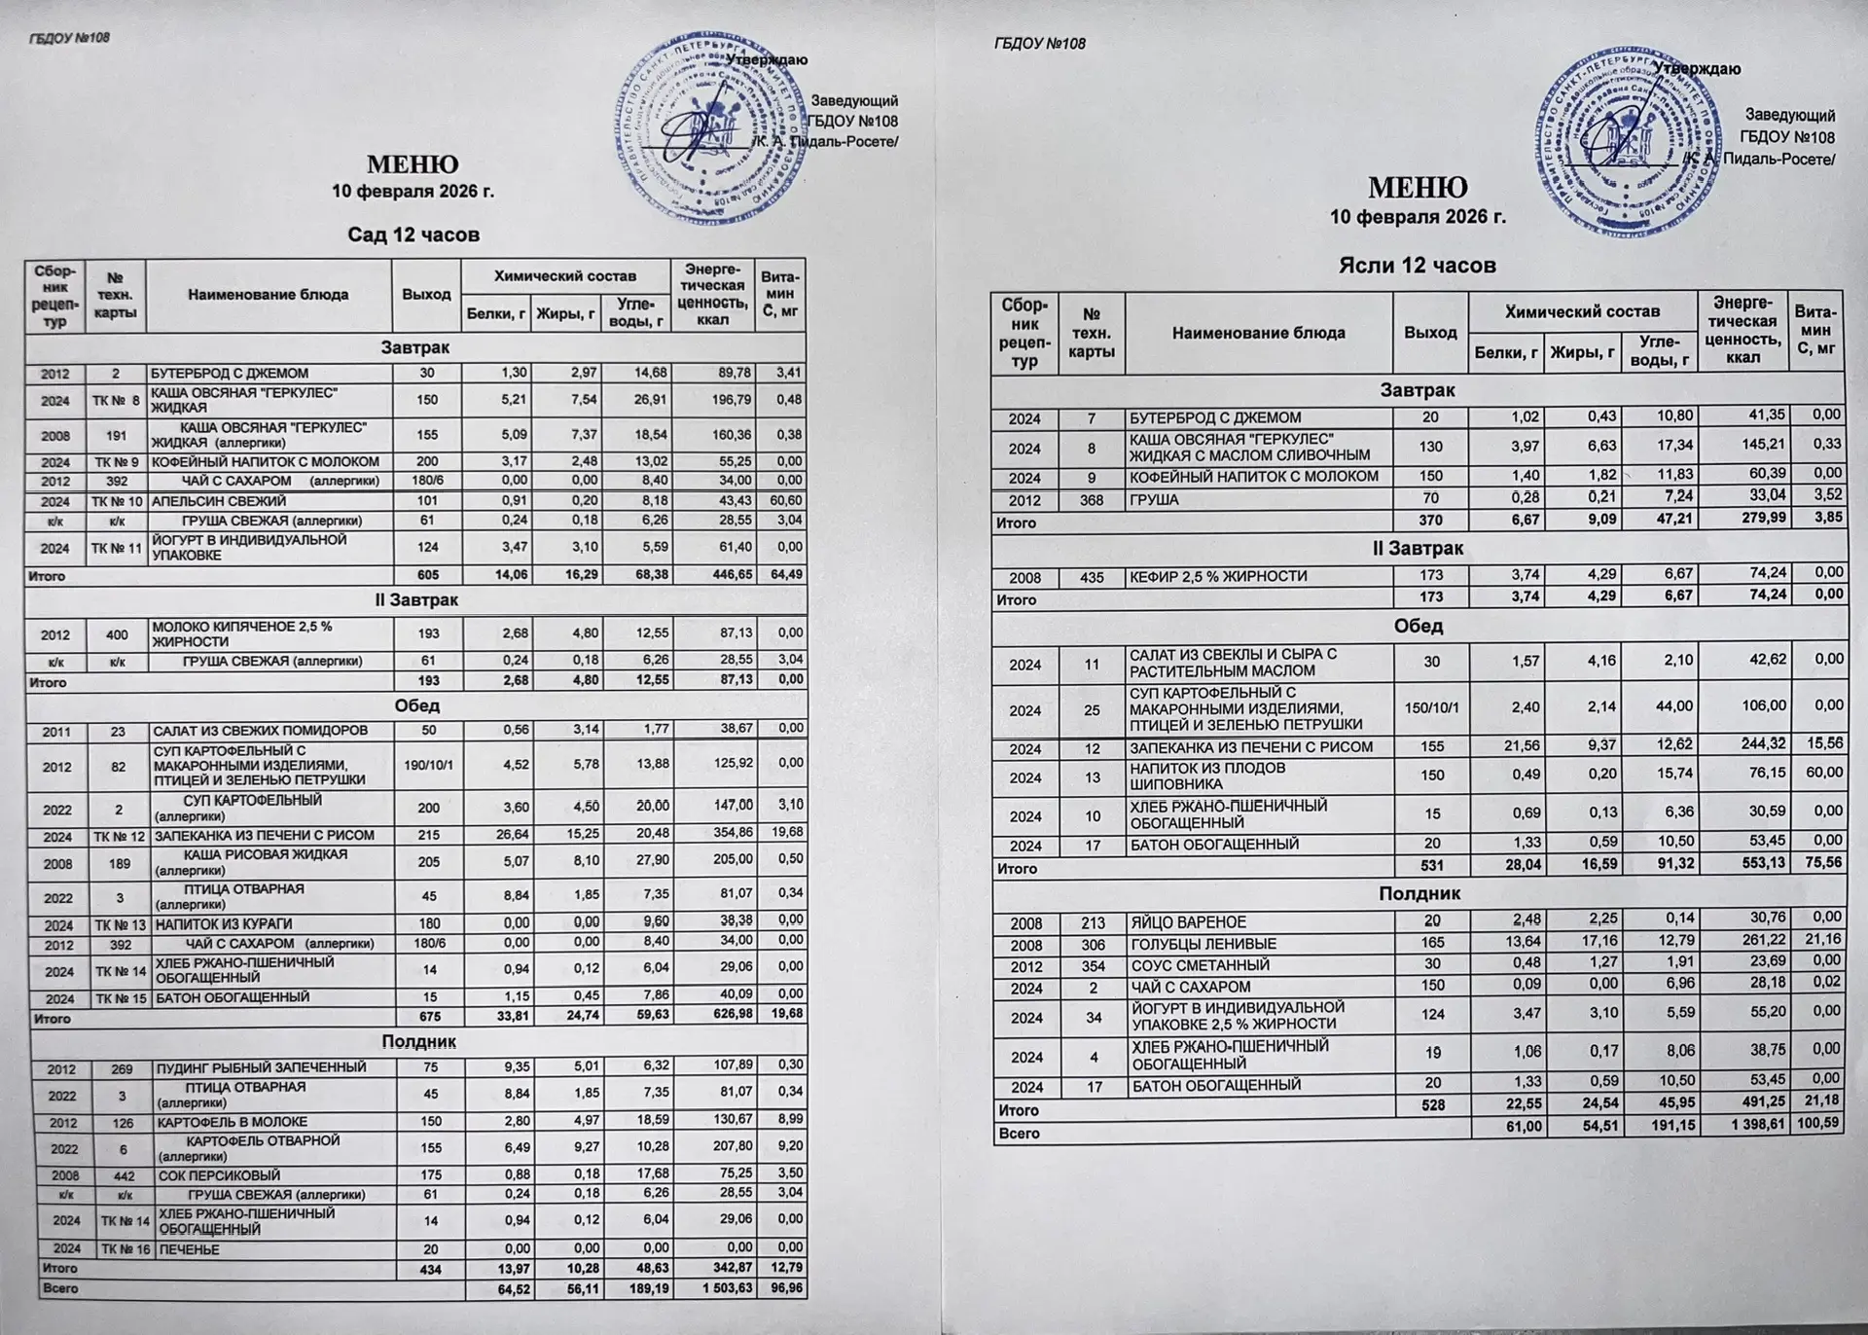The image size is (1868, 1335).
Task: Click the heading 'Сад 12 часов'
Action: click(413, 235)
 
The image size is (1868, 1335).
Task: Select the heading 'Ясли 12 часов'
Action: click(1417, 265)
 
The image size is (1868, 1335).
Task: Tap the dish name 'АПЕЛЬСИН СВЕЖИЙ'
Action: click(218, 501)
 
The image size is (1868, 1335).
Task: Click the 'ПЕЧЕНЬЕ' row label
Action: click(190, 1249)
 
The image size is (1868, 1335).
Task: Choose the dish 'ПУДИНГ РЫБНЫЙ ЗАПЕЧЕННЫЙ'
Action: click(262, 1067)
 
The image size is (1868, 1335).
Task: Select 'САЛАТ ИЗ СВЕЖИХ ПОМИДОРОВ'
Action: click(260, 731)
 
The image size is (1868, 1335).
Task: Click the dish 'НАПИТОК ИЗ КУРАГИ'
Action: click(224, 924)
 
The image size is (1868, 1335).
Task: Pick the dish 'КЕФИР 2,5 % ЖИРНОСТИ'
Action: click(1218, 577)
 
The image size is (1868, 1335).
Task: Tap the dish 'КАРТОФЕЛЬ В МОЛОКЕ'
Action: click(233, 1122)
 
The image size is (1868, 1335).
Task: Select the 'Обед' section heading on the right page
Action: click(1418, 626)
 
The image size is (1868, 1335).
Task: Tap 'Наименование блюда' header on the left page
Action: click(269, 295)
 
